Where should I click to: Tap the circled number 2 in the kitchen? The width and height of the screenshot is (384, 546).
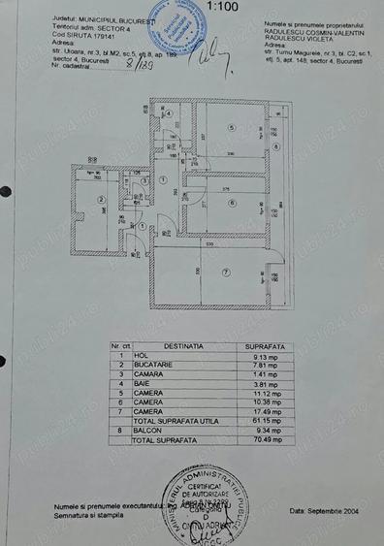tap(101, 203)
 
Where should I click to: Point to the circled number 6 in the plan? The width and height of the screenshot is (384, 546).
tap(233, 203)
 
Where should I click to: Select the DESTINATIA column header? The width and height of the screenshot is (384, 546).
tap(183, 344)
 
